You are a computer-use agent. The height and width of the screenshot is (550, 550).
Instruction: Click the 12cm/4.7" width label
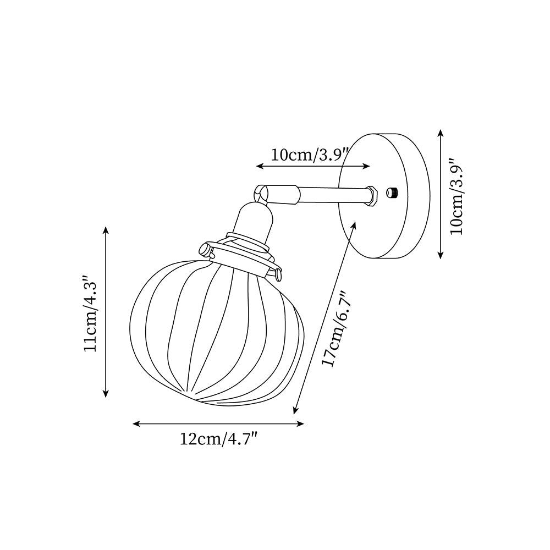click(219, 440)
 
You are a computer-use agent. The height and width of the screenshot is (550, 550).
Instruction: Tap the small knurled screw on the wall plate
click(393, 192)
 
